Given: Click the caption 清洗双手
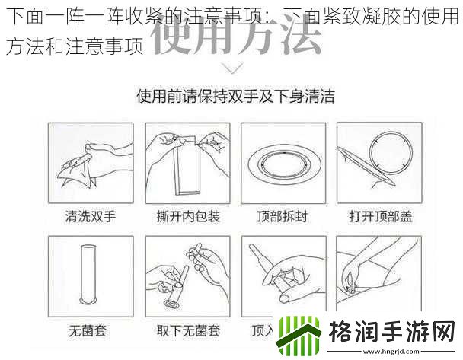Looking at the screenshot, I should tap(90, 217).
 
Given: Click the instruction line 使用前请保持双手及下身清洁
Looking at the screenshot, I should tap(235, 97).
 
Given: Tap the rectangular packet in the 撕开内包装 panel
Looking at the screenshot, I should tap(186, 169).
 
